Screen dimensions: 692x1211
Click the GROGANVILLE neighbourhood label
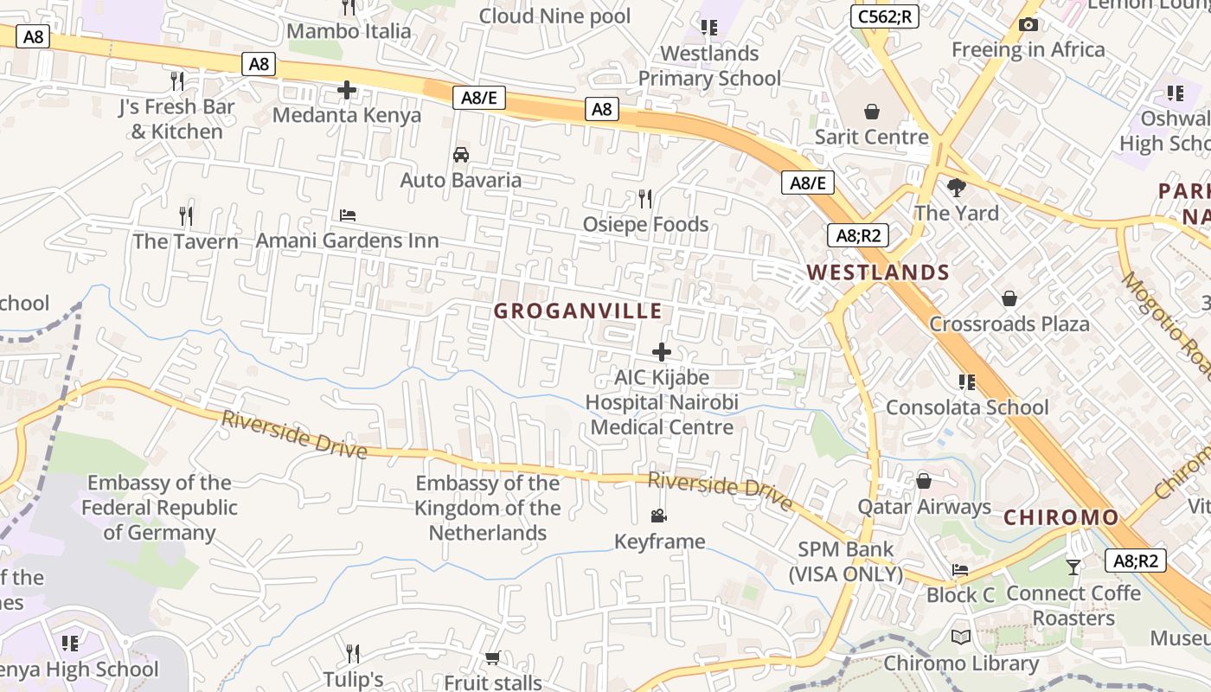coord(578,311)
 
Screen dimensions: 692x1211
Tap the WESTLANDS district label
coord(878,272)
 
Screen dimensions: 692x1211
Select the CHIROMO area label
coord(1060,517)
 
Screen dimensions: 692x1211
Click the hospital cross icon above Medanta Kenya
coord(347,90)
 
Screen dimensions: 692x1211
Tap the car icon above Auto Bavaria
coord(461,155)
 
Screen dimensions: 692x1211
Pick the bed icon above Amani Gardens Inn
coord(348,215)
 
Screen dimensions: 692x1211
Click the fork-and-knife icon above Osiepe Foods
coord(644,199)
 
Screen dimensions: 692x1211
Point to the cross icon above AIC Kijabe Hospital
coord(662,352)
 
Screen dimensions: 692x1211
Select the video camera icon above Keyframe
coord(659,516)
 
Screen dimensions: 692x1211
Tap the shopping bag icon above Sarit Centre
coord(871,112)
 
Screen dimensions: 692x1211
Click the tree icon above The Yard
coord(957,187)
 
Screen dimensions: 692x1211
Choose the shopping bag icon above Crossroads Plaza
coord(1009,299)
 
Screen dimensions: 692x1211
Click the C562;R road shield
coord(884,16)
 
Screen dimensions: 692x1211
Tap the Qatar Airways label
coord(924,507)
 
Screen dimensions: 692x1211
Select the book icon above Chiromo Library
coord(960,638)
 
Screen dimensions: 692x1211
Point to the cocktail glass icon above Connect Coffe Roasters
coord(1073,567)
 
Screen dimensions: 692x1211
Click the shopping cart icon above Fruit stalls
coord(492,658)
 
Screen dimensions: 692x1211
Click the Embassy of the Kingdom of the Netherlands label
coord(488,508)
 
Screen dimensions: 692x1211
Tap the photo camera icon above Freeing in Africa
coord(1028,24)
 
